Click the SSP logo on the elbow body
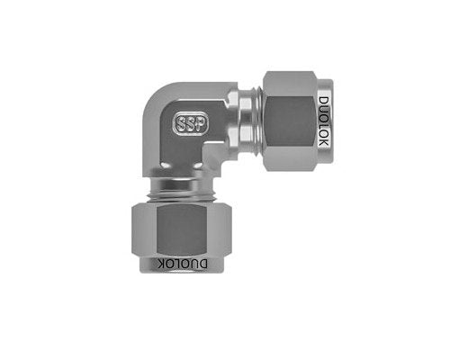tap(190, 123)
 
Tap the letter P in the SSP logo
tap(202, 123)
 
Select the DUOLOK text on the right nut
tap(324, 121)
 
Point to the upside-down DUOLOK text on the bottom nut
tap(182, 264)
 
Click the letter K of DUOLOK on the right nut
tap(324, 142)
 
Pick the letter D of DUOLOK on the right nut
tap(324, 101)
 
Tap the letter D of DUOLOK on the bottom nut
tap(202, 264)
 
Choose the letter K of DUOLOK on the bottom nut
tap(162, 264)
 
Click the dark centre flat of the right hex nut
tap(290, 121)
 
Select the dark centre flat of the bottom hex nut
tap(182, 230)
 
